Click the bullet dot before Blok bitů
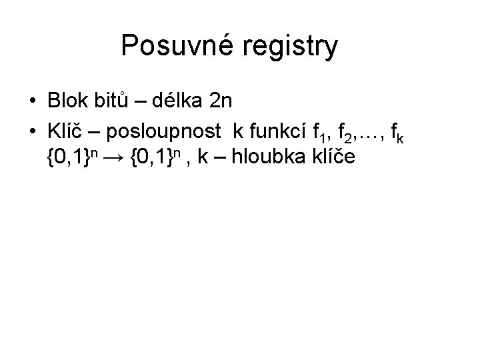[33, 101]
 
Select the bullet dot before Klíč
[33, 130]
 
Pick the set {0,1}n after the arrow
[157, 158]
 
